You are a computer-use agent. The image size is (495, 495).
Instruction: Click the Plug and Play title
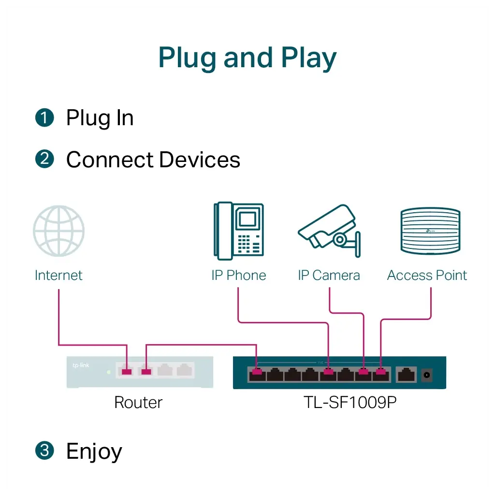pos(247,58)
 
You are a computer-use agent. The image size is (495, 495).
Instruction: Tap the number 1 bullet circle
pos(44,118)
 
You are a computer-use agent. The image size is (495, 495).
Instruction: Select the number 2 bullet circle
pos(44,160)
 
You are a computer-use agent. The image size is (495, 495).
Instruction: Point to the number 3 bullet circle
pos(44,451)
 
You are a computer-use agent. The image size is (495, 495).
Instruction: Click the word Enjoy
pos(94,452)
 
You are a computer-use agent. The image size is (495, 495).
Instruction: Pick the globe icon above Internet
pos(58,231)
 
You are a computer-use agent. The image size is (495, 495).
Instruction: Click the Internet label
pos(58,275)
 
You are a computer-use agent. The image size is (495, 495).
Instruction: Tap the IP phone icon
pos(239,231)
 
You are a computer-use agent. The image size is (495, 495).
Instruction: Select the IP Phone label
pos(239,275)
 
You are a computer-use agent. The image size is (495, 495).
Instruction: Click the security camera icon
pos(329,230)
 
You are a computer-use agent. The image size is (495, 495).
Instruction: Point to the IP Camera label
pos(329,275)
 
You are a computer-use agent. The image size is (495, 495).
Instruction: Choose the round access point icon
pos(430,231)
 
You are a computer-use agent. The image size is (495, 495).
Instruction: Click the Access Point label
pos(427,275)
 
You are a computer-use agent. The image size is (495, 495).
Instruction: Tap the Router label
pos(138,402)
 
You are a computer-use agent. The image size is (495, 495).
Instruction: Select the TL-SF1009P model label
pos(350,402)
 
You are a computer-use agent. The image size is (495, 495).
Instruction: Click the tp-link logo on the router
pos(81,365)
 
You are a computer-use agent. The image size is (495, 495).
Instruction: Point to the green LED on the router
pos(109,372)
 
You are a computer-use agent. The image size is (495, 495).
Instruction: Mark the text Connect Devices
pos(153,160)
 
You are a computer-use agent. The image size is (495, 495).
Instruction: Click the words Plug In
pos(100,118)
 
